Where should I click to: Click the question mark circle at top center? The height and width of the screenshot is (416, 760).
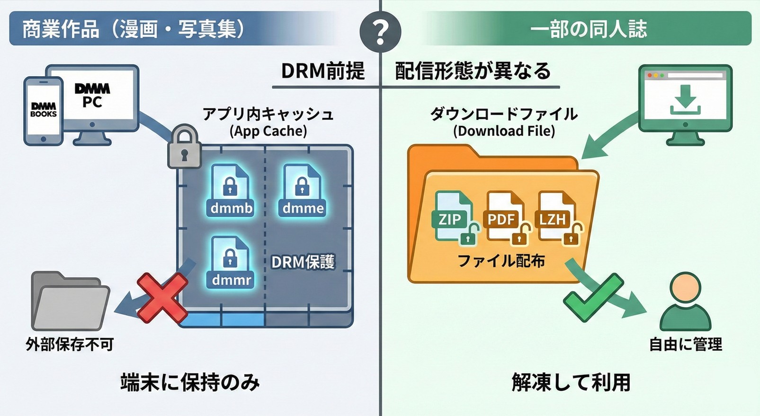point(380,32)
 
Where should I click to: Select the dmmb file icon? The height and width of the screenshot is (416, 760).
point(231,190)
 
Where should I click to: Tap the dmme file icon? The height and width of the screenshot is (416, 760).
point(303,190)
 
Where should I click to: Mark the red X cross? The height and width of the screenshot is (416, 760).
point(162,297)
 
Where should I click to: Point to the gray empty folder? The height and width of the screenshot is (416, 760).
point(70,301)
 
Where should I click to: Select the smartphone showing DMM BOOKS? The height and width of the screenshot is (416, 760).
point(43,111)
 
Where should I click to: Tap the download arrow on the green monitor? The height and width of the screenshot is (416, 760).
point(685,100)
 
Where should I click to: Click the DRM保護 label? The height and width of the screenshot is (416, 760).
point(303,262)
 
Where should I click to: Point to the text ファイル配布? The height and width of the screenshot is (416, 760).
point(501,261)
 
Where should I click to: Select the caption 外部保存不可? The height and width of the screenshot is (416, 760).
point(70,344)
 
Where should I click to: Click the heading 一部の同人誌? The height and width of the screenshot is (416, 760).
point(588,29)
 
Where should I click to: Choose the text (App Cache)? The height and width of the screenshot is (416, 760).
point(268,131)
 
